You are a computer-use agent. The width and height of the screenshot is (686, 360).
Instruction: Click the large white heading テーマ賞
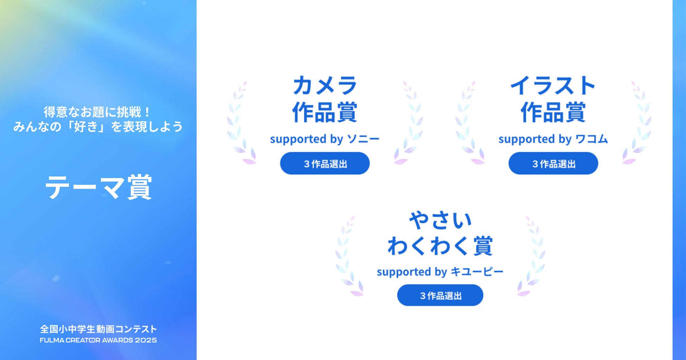tap(98, 187)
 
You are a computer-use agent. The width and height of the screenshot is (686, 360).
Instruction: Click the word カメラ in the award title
tap(325, 85)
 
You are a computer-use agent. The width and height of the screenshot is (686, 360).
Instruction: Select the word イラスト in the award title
tap(553, 85)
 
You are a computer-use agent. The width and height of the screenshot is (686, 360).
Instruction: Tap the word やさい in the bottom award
tap(440, 220)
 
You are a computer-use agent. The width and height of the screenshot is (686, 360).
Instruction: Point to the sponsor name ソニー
tap(363, 139)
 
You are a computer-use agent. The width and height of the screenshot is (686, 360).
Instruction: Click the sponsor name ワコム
tap(592, 139)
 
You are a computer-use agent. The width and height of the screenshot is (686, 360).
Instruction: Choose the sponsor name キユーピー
tap(477, 272)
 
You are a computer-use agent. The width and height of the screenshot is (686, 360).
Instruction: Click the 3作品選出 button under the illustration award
tap(553, 163)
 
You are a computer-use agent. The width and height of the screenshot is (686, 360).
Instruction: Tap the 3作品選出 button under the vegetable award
tap(440, 295)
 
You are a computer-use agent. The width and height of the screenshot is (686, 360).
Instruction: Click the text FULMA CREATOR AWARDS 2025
tap(98, 340)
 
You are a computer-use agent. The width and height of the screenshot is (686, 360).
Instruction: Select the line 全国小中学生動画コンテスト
tap(98, 329)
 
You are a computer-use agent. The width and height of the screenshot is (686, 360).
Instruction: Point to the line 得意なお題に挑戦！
tap(97, 112)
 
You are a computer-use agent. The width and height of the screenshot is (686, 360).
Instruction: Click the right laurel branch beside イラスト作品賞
tap(637, 123)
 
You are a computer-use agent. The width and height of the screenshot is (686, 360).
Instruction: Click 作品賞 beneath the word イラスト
tap(553, 112)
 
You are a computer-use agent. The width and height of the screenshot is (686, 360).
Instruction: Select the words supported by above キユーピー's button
tap(412, 272)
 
